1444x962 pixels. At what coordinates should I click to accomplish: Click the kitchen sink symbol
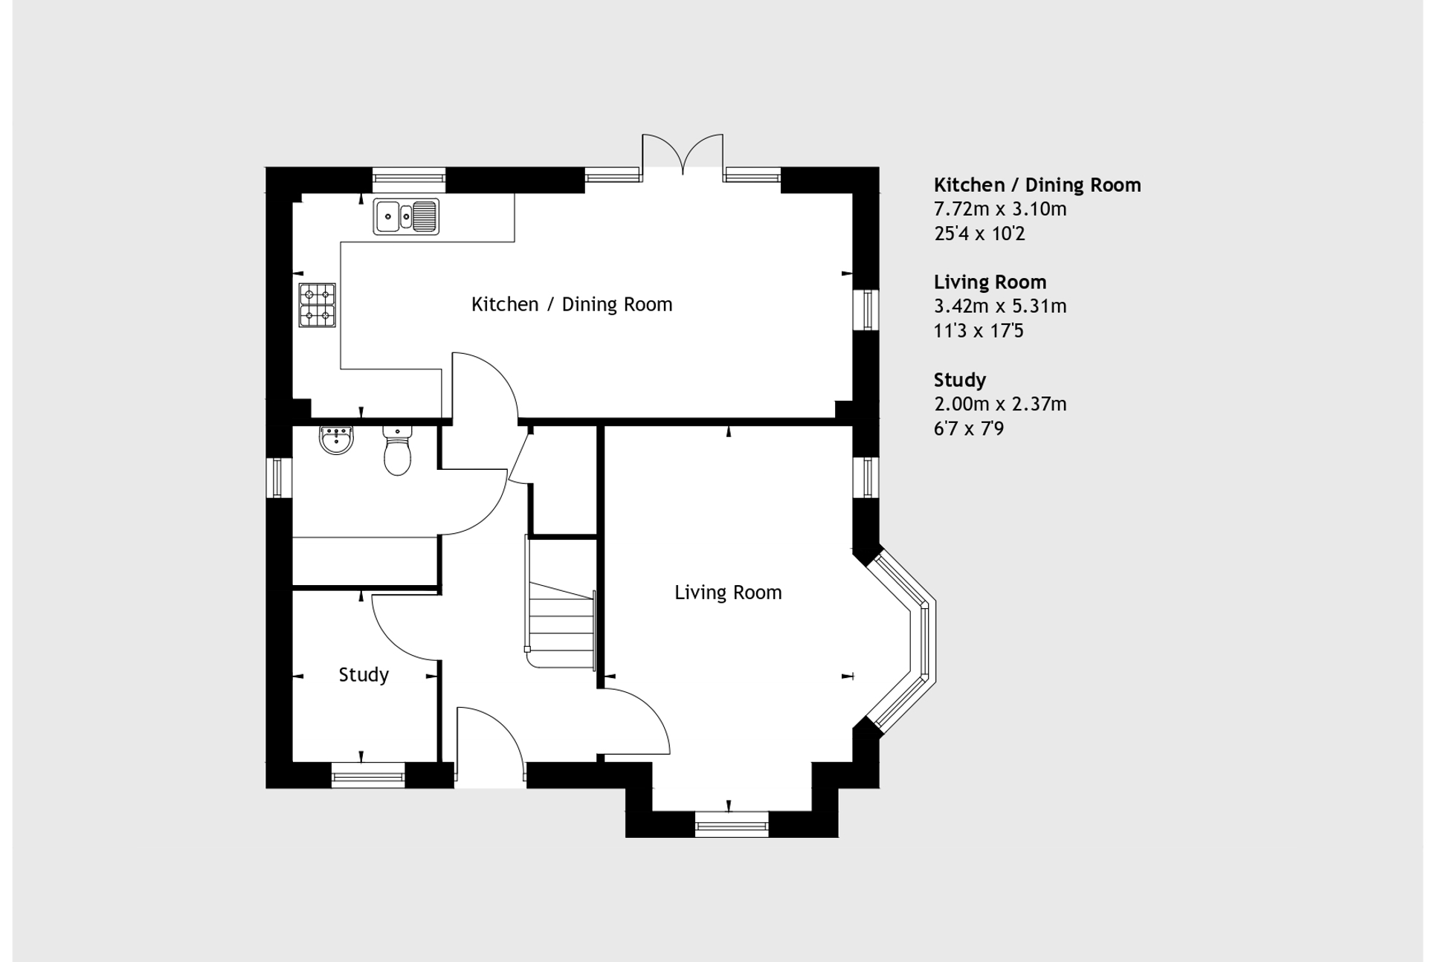405,216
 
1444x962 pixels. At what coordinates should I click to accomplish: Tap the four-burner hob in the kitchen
317,305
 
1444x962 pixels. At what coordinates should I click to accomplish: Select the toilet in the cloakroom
398,451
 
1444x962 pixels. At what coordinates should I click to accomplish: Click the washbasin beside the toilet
336,439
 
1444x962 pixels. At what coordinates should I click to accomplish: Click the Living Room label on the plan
727,593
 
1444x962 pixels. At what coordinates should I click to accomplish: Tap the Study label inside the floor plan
363,674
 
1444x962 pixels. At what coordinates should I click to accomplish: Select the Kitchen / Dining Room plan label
571,304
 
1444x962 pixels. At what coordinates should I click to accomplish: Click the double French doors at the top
682,155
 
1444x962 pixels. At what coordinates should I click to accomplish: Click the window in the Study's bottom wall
367,777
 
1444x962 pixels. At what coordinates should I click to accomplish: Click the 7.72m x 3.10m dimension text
999,209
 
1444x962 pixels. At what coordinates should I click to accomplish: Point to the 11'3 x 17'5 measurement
978,331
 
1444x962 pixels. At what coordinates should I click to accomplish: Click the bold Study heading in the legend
959,380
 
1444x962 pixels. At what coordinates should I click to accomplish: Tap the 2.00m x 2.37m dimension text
999,404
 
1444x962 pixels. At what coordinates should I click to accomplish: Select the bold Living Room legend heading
989,282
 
